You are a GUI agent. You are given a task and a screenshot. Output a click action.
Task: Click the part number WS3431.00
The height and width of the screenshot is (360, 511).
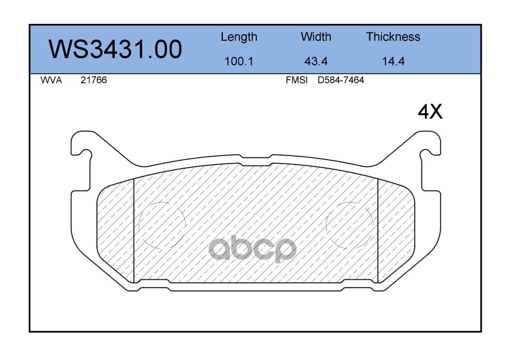(115, 49)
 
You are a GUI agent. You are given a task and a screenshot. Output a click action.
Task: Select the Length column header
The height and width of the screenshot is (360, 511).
(239, 37)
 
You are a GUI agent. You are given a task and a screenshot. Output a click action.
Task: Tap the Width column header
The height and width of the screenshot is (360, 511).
(316, 37)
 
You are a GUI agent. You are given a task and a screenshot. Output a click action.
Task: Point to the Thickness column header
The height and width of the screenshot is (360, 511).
(393, 37)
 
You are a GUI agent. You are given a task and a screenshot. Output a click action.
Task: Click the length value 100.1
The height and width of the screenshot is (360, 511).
(239, 61)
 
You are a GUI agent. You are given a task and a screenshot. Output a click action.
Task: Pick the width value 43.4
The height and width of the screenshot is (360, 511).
(316, 61)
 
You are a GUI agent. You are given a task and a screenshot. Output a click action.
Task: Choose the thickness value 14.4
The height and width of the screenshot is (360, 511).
(393, 61)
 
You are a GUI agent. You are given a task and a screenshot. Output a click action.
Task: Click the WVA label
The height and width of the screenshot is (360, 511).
(51, 80)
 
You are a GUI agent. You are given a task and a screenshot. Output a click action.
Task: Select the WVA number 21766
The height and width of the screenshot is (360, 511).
(94, 80)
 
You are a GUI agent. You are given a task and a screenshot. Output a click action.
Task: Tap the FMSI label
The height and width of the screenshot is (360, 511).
(297, 80)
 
